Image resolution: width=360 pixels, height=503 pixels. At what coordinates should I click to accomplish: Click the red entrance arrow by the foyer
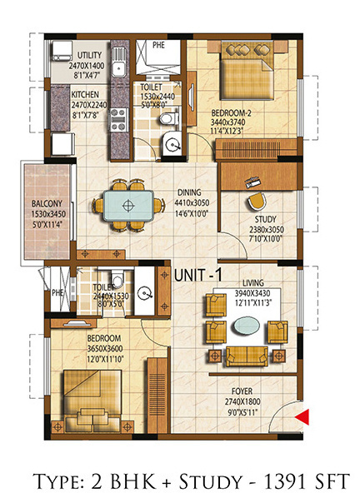[303, 416]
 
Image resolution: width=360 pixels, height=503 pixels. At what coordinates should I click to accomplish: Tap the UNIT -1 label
[197, 276]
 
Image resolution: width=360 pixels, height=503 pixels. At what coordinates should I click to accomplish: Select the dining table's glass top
[128, 206]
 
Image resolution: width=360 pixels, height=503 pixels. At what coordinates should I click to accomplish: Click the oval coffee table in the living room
[247, 326]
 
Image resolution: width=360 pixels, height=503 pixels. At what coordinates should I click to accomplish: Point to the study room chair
[257, 202]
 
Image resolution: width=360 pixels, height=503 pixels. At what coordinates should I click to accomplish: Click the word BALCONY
[47, 204]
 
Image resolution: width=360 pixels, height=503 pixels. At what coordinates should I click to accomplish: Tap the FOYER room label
[242, 391]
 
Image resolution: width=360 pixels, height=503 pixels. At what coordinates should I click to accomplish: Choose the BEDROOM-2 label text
[231, 113]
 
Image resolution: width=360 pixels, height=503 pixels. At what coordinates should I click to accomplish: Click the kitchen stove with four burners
[119, 120]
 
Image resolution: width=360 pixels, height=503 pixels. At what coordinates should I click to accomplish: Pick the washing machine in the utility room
[62, 51]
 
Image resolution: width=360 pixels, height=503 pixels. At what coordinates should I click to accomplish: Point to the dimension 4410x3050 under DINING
[192, 203]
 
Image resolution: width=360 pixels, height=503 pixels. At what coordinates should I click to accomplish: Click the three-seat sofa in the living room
[247, 356]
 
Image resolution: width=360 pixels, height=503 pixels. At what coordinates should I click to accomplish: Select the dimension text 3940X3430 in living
[252, 293]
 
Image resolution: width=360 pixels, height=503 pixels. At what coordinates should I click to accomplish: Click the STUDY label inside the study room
[266, 219]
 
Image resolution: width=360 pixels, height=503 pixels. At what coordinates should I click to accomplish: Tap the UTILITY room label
[89, 55]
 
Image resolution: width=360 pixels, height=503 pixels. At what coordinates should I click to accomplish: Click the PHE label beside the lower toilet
[57, 292]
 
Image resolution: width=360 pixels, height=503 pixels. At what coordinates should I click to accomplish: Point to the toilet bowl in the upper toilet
[169, 117]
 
